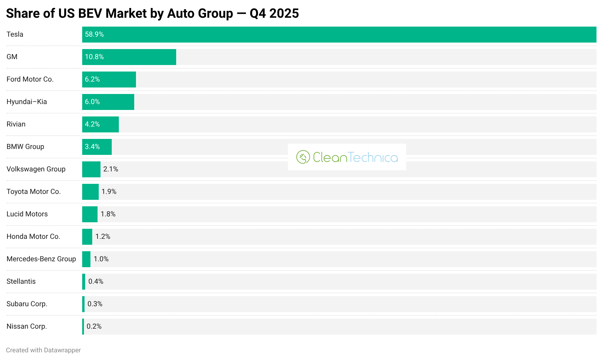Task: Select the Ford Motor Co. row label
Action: (x=30, y=79)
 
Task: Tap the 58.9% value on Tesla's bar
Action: (x=94, y=34)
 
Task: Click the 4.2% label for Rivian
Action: (x=92, y=124)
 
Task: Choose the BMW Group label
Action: (x=25, y=147)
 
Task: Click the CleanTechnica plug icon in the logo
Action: (x=303, y=157)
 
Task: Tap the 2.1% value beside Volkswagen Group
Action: (x=111, y=169)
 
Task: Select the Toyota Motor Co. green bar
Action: (x=90, y=192)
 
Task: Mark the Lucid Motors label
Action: (x=27, y=214)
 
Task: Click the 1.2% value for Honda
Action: (x=103, y=236)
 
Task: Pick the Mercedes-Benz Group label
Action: (x=41, y=259)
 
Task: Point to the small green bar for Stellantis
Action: (x=84, y=282)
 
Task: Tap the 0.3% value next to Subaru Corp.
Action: (x=95, y=304)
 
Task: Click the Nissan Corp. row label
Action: (x=27, y=326)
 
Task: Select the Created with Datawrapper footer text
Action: (x=43, y=350)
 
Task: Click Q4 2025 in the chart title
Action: (x=274, y=14)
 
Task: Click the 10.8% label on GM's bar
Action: (x=94, y=57)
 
